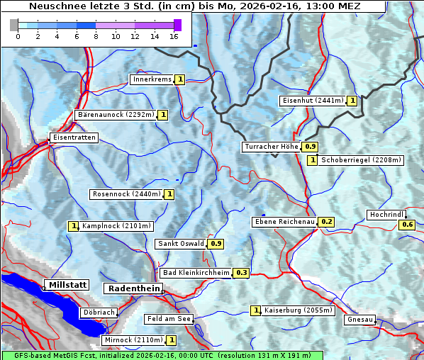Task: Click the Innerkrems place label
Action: pos(152,79)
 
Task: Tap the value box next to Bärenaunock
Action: pos(163,115)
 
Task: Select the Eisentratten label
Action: pos(73,137)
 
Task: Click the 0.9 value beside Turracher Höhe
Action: pos(310,147)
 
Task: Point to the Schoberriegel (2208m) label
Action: pos(361,160)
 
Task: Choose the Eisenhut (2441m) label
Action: pos(313,101)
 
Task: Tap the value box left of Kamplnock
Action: pos(73,226)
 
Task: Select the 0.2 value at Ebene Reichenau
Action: pos(326,222)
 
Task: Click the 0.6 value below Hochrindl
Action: pos(408,225)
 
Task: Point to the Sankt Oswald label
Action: pos(181,244)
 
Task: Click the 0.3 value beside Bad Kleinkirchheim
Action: pos(241,273)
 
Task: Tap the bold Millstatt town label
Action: pos(67,285)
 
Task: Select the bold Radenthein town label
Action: pos(133,288)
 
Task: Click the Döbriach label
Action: pos(99,312)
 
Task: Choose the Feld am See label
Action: pos(169,319)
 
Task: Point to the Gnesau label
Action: pos(359,320)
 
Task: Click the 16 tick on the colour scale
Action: pos(174,35)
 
